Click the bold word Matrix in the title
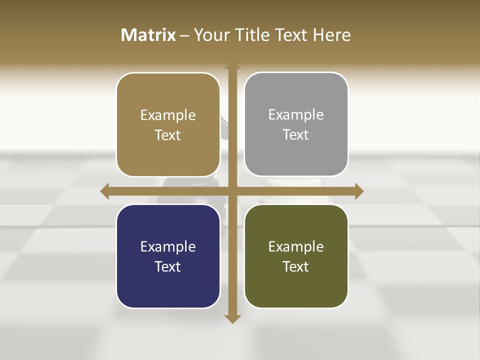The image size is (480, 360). click(148, 35)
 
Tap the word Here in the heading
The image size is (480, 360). click(332, 35)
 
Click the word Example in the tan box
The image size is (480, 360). click(168, 115)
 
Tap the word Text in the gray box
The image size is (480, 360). click(296, 135)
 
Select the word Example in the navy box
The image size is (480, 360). click(168, 247)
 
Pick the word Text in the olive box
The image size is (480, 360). click(296, 266)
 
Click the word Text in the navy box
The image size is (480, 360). click(168, 266)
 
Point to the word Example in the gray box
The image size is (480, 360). click(296, 115)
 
